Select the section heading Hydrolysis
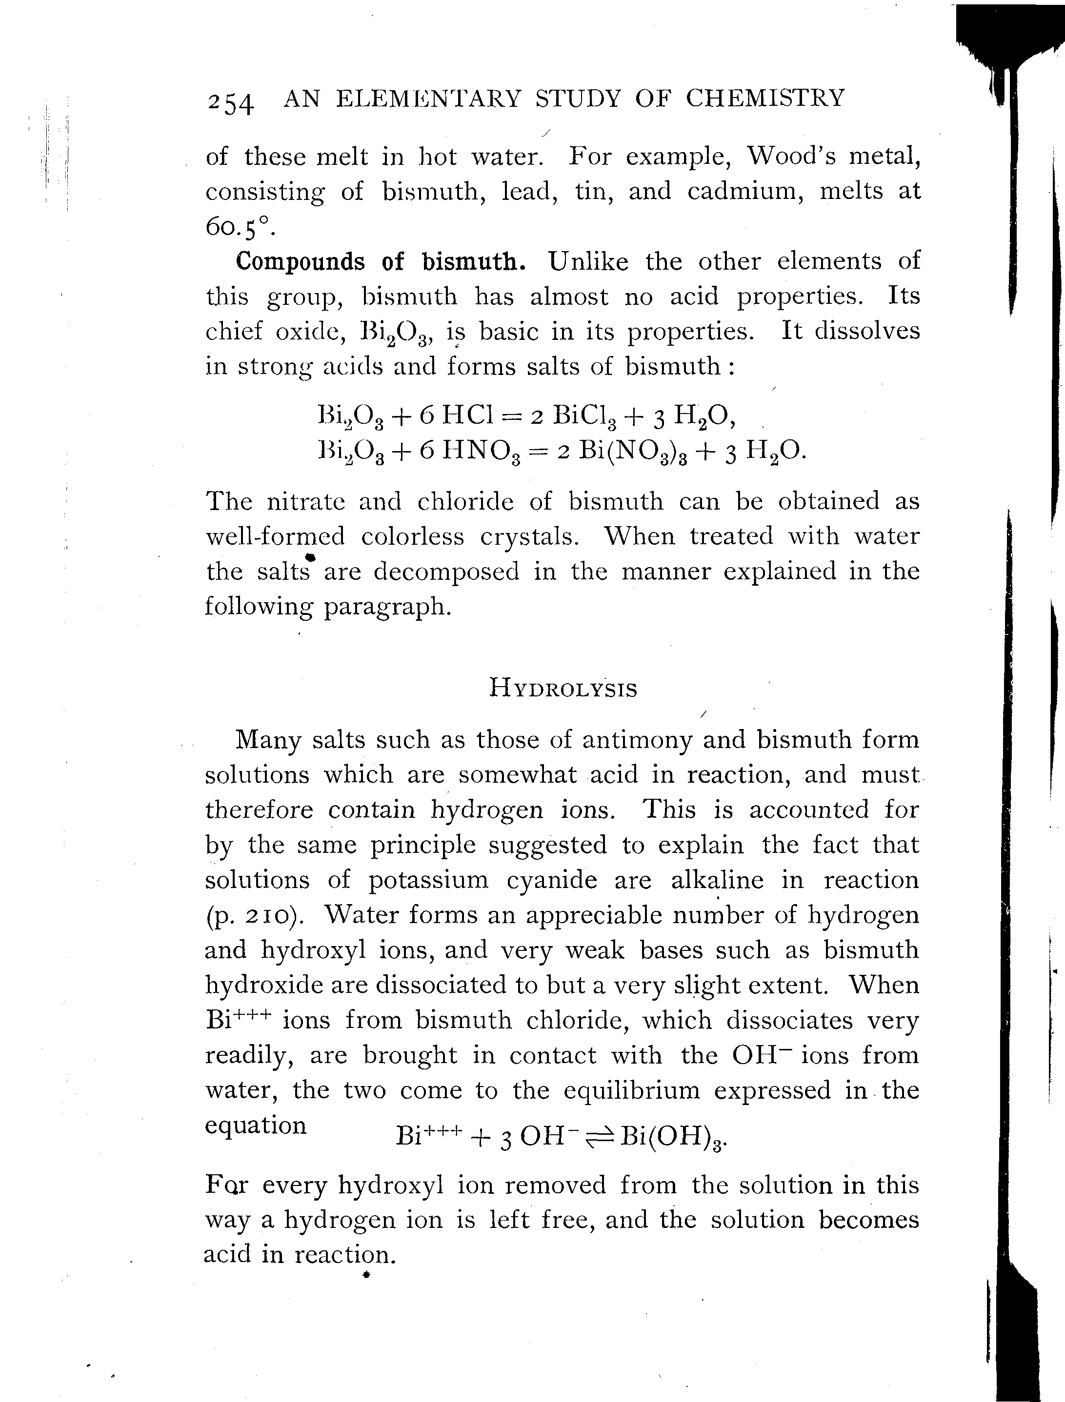click(x=563, y=689)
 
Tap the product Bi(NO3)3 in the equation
click(x=631, y=451)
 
